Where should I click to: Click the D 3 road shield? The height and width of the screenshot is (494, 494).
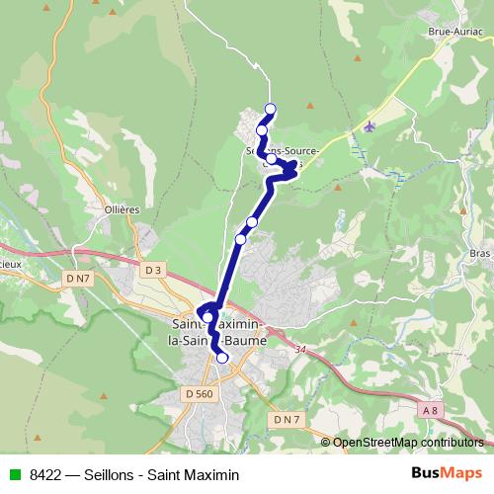tap(151, 269)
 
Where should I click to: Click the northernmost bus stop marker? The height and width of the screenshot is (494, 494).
tap(270, 110)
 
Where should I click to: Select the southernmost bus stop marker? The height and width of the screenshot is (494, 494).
tap(222, 358)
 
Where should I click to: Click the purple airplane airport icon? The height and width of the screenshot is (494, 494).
tap(370, 126)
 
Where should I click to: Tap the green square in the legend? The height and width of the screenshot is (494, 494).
tap(14, 474)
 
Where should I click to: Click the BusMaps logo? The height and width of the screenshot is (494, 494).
tap(447, 474)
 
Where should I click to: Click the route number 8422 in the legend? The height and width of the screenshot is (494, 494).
tap(47, 474)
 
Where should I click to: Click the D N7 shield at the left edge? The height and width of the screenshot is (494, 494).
tap(78, 280)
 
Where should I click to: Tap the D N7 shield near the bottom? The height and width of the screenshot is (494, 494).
tap(285, 420)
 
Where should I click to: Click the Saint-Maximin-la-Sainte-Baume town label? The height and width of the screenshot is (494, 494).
tap(215, 333)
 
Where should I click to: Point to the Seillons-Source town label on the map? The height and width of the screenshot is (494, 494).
tap(282, 151)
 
